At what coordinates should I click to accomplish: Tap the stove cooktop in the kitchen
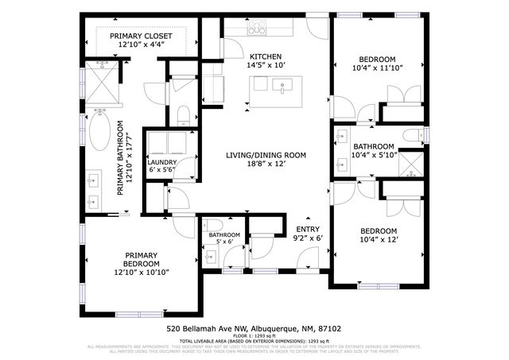coord(257,29)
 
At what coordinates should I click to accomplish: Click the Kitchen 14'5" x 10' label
coord(265,60)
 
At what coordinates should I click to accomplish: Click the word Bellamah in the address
coord(200,327)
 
